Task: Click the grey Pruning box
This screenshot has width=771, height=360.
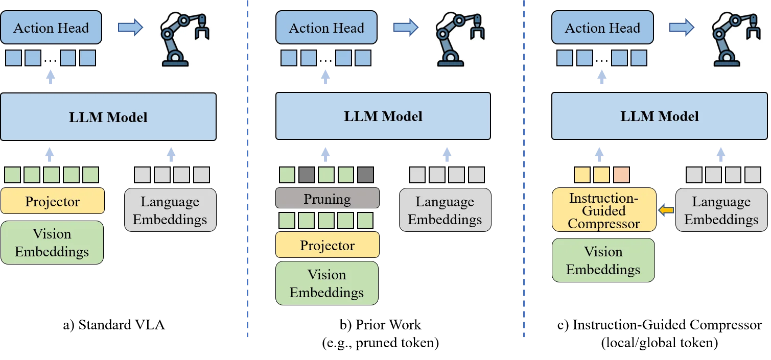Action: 327,198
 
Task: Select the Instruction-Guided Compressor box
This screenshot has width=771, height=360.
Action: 603,210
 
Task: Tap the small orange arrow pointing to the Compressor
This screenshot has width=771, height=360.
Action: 666,209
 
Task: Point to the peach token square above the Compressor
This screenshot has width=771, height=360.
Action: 621,175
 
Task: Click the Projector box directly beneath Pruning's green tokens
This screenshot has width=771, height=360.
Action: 327,245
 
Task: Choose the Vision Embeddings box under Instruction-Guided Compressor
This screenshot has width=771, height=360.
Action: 603,260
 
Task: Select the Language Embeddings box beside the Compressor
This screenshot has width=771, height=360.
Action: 721,210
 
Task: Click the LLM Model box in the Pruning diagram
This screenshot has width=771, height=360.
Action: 383,116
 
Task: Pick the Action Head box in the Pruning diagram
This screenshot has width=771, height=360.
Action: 326,28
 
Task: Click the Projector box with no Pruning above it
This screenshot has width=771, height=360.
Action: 53,201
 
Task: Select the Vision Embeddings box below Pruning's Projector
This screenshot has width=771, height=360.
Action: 326,283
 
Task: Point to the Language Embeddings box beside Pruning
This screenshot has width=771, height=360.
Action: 445,210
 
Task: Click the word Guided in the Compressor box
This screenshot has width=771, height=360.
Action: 603,210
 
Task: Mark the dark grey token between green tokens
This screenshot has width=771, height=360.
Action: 307,175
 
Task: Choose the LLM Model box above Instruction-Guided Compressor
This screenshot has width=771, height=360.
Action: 659,116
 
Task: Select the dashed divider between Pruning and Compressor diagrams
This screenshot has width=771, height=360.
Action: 525,169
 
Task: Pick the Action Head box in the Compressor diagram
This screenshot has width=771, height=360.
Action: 602,28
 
